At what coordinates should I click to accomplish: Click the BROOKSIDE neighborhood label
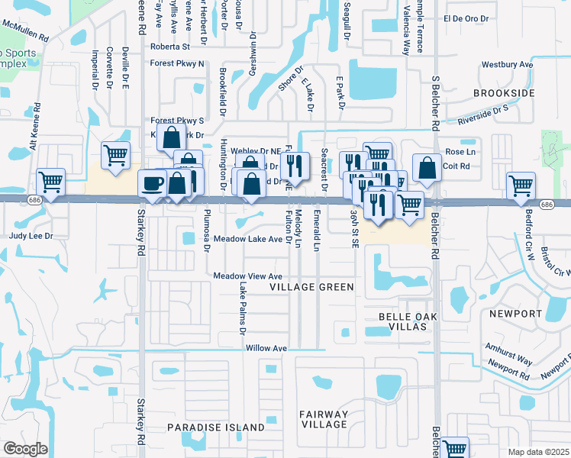coord(503,92)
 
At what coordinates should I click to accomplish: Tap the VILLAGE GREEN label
coord(312,287)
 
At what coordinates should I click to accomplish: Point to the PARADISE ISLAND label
coord(216,427)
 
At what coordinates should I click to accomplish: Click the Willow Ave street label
coord(266,348)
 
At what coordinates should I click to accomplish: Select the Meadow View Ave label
coord(248,276)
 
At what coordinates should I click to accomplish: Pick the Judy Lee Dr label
coord(31,237)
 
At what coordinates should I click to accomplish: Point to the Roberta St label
coord(169,47)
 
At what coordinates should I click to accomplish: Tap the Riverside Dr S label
coord(483,116)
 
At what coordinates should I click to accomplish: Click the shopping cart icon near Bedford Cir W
coord(521,185)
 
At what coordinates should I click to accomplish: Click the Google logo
coord(25,448)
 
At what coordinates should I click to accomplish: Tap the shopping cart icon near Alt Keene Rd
coord(50,183)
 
